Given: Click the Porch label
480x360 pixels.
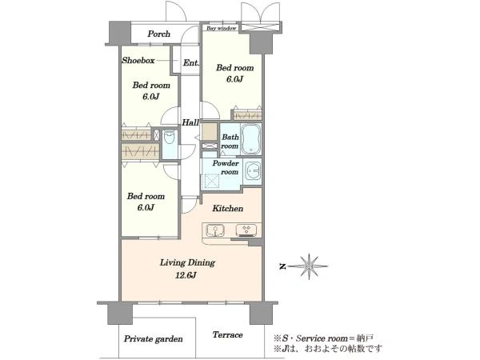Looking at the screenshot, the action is point(158,34).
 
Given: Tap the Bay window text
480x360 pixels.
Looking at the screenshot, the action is point(222,28).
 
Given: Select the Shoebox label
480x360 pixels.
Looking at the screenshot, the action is point(138,60).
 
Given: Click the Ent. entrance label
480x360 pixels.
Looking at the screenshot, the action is point(191,62).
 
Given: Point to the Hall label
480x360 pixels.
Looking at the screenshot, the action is point(190,122).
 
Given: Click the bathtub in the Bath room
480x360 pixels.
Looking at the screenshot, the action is point(250,139).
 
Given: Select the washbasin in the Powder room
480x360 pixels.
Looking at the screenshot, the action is point(253,170).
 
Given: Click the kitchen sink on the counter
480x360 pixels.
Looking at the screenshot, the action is point(215,230).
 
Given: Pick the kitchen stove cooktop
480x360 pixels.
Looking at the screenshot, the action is point(246,230).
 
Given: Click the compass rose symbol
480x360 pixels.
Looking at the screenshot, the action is point(309,266).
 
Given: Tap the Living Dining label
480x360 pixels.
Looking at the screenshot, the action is point(187,262).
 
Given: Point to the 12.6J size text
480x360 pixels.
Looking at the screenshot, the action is point(186,275).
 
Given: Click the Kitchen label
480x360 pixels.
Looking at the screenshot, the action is point(228,209).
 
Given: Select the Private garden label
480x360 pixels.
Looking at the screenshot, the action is point(153,339).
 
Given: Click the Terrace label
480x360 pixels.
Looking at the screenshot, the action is point(228,334).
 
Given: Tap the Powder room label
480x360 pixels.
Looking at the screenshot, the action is point(226,167).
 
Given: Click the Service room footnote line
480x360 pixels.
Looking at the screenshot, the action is point(323,338).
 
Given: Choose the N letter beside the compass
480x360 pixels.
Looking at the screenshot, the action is point(282,266).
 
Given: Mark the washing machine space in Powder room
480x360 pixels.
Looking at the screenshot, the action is point(212,181).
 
